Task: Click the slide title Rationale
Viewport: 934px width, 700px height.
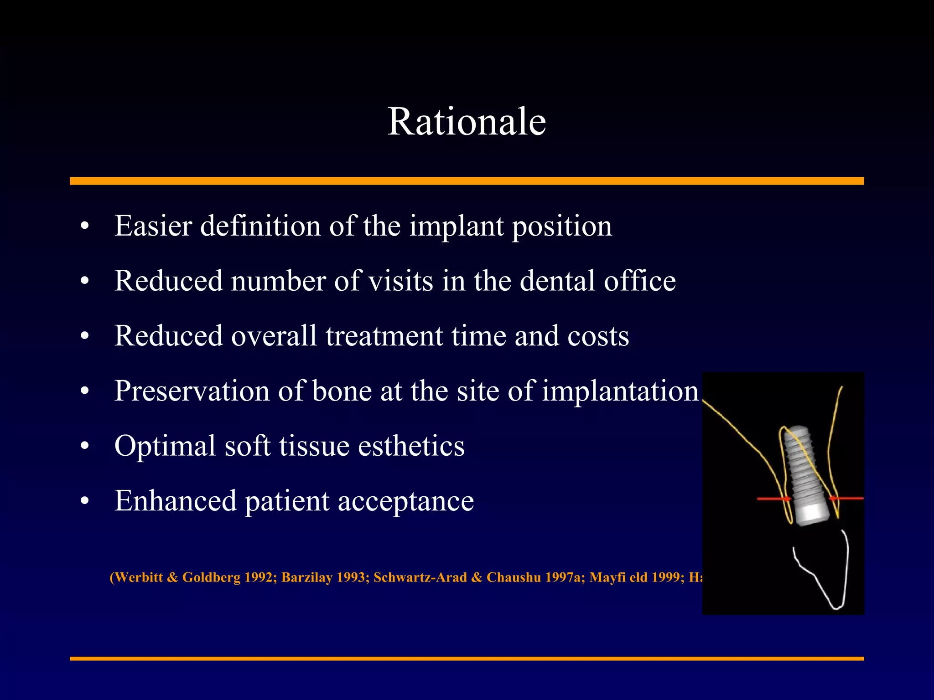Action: (x=467, y=122)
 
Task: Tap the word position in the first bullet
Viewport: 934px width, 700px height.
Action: (x=562, y=226)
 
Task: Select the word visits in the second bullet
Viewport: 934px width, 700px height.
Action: (x=400, y=281)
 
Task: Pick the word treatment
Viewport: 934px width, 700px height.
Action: (x=384, y=336)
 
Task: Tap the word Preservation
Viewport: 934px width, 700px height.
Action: (x=192, y=391)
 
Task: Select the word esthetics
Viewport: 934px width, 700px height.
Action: (x=411, y=446)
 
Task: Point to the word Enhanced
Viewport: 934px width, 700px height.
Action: (x=175, y=501)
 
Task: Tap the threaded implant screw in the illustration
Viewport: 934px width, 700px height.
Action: (x=805, y=474)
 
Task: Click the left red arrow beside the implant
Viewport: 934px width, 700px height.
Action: (x=774, y=499)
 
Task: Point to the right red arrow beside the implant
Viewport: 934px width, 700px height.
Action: (x=846, y=499)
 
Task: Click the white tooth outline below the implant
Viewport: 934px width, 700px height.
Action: (x=825, y=574)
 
